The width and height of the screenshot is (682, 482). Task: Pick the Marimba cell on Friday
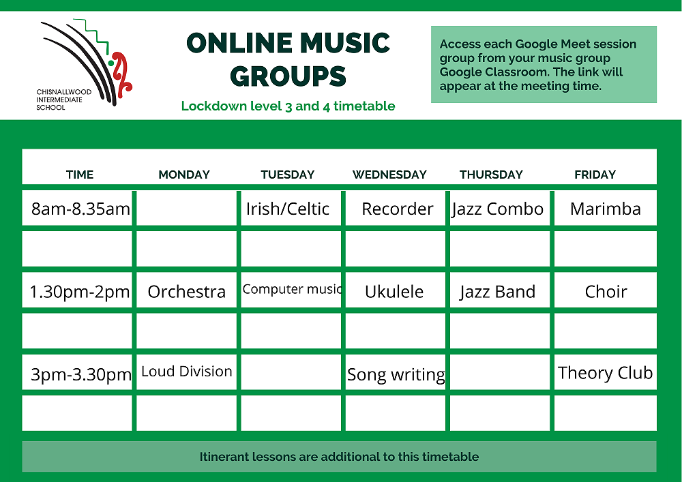tap(606, 209)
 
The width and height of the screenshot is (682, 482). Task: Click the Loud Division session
tap(187, 371)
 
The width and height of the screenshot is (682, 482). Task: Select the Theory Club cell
tap(605, 372)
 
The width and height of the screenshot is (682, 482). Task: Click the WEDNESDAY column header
tap(389, 175)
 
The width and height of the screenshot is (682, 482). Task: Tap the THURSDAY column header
tap(491, 175)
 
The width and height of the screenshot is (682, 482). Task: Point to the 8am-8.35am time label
tap(80, 209)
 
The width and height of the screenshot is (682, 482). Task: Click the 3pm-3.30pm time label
tap(81, 374)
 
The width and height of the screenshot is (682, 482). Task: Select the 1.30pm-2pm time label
tap(80, 292)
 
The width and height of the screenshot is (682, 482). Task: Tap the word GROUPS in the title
tap(288, 76)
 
